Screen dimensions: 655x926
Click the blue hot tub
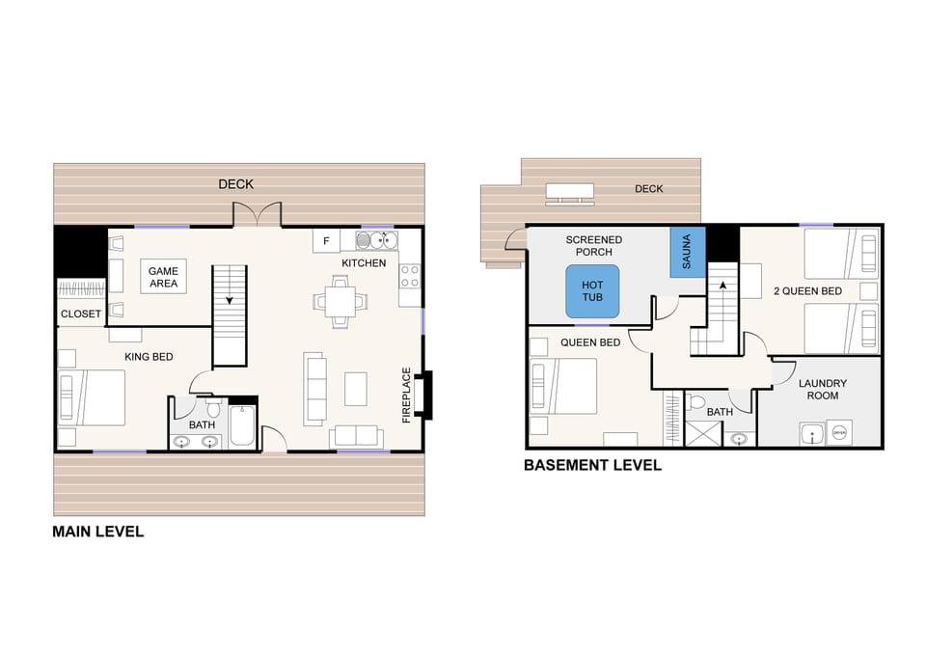(591, 290)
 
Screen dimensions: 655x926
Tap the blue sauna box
(688, 254)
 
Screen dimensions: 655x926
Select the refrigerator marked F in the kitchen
(326, 240)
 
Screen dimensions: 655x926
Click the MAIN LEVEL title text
(97, 532)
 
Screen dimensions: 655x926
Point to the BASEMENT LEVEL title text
(592, 465)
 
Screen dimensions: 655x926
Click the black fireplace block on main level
(427, 396)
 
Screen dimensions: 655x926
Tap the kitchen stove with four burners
(410, 276)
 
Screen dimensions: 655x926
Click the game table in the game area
(163, 278)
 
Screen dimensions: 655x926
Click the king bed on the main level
(93, 397)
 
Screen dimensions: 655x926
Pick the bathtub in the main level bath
(243, 427)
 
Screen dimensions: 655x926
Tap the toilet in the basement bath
(700, 402)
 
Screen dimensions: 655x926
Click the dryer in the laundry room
(839, 433)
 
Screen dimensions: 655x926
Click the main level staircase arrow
(230, 298)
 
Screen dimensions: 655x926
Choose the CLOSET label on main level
(81, 314)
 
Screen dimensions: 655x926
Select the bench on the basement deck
(568, 193)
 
